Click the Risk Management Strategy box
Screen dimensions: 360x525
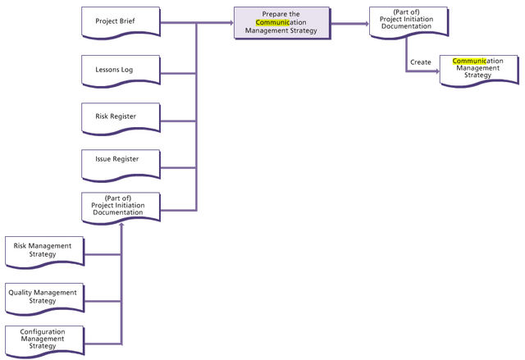coord(43,250)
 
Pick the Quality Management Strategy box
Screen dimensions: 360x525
coord(43,296)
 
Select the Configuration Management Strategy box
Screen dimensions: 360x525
coord(43,339)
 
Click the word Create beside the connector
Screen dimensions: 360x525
coord(421,62)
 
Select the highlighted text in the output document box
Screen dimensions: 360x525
coord(467,62)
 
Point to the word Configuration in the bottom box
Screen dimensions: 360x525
coord(43,331)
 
